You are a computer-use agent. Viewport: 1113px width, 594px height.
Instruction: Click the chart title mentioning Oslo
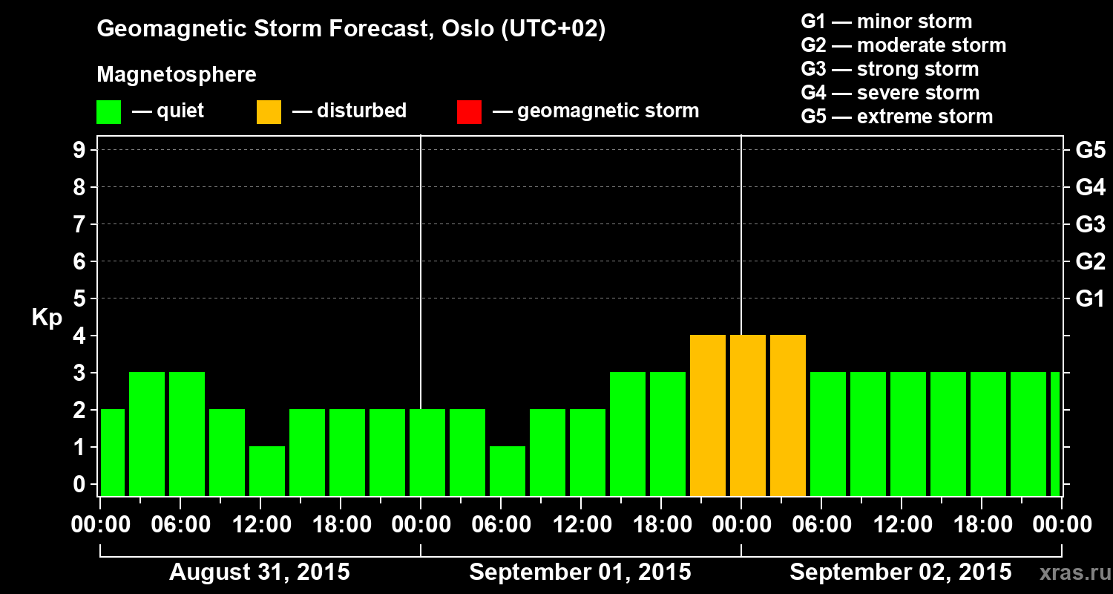351,30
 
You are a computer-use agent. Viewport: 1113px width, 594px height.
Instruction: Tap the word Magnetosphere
177,75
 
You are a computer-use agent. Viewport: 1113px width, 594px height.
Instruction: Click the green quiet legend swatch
108,112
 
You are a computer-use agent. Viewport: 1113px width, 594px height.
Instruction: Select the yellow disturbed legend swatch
269,112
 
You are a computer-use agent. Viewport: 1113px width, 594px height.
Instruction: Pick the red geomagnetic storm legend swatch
469,112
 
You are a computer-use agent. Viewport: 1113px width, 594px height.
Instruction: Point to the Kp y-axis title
47,318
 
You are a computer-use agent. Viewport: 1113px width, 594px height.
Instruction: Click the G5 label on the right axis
1090,150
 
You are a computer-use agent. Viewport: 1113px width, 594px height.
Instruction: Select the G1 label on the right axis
1090,298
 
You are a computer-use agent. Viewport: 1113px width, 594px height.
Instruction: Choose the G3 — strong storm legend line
890,69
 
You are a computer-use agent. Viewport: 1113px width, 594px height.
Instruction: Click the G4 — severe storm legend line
890,93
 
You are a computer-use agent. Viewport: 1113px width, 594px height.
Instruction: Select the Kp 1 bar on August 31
267,471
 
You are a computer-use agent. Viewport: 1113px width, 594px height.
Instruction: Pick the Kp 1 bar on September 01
508,471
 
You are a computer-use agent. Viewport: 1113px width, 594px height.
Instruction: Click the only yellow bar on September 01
708,416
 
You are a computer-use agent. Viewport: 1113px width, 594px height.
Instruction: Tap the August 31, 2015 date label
260,572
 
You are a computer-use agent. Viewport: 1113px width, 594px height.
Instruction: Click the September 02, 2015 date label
900,572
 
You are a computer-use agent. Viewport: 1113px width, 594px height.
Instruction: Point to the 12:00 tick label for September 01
581,525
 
